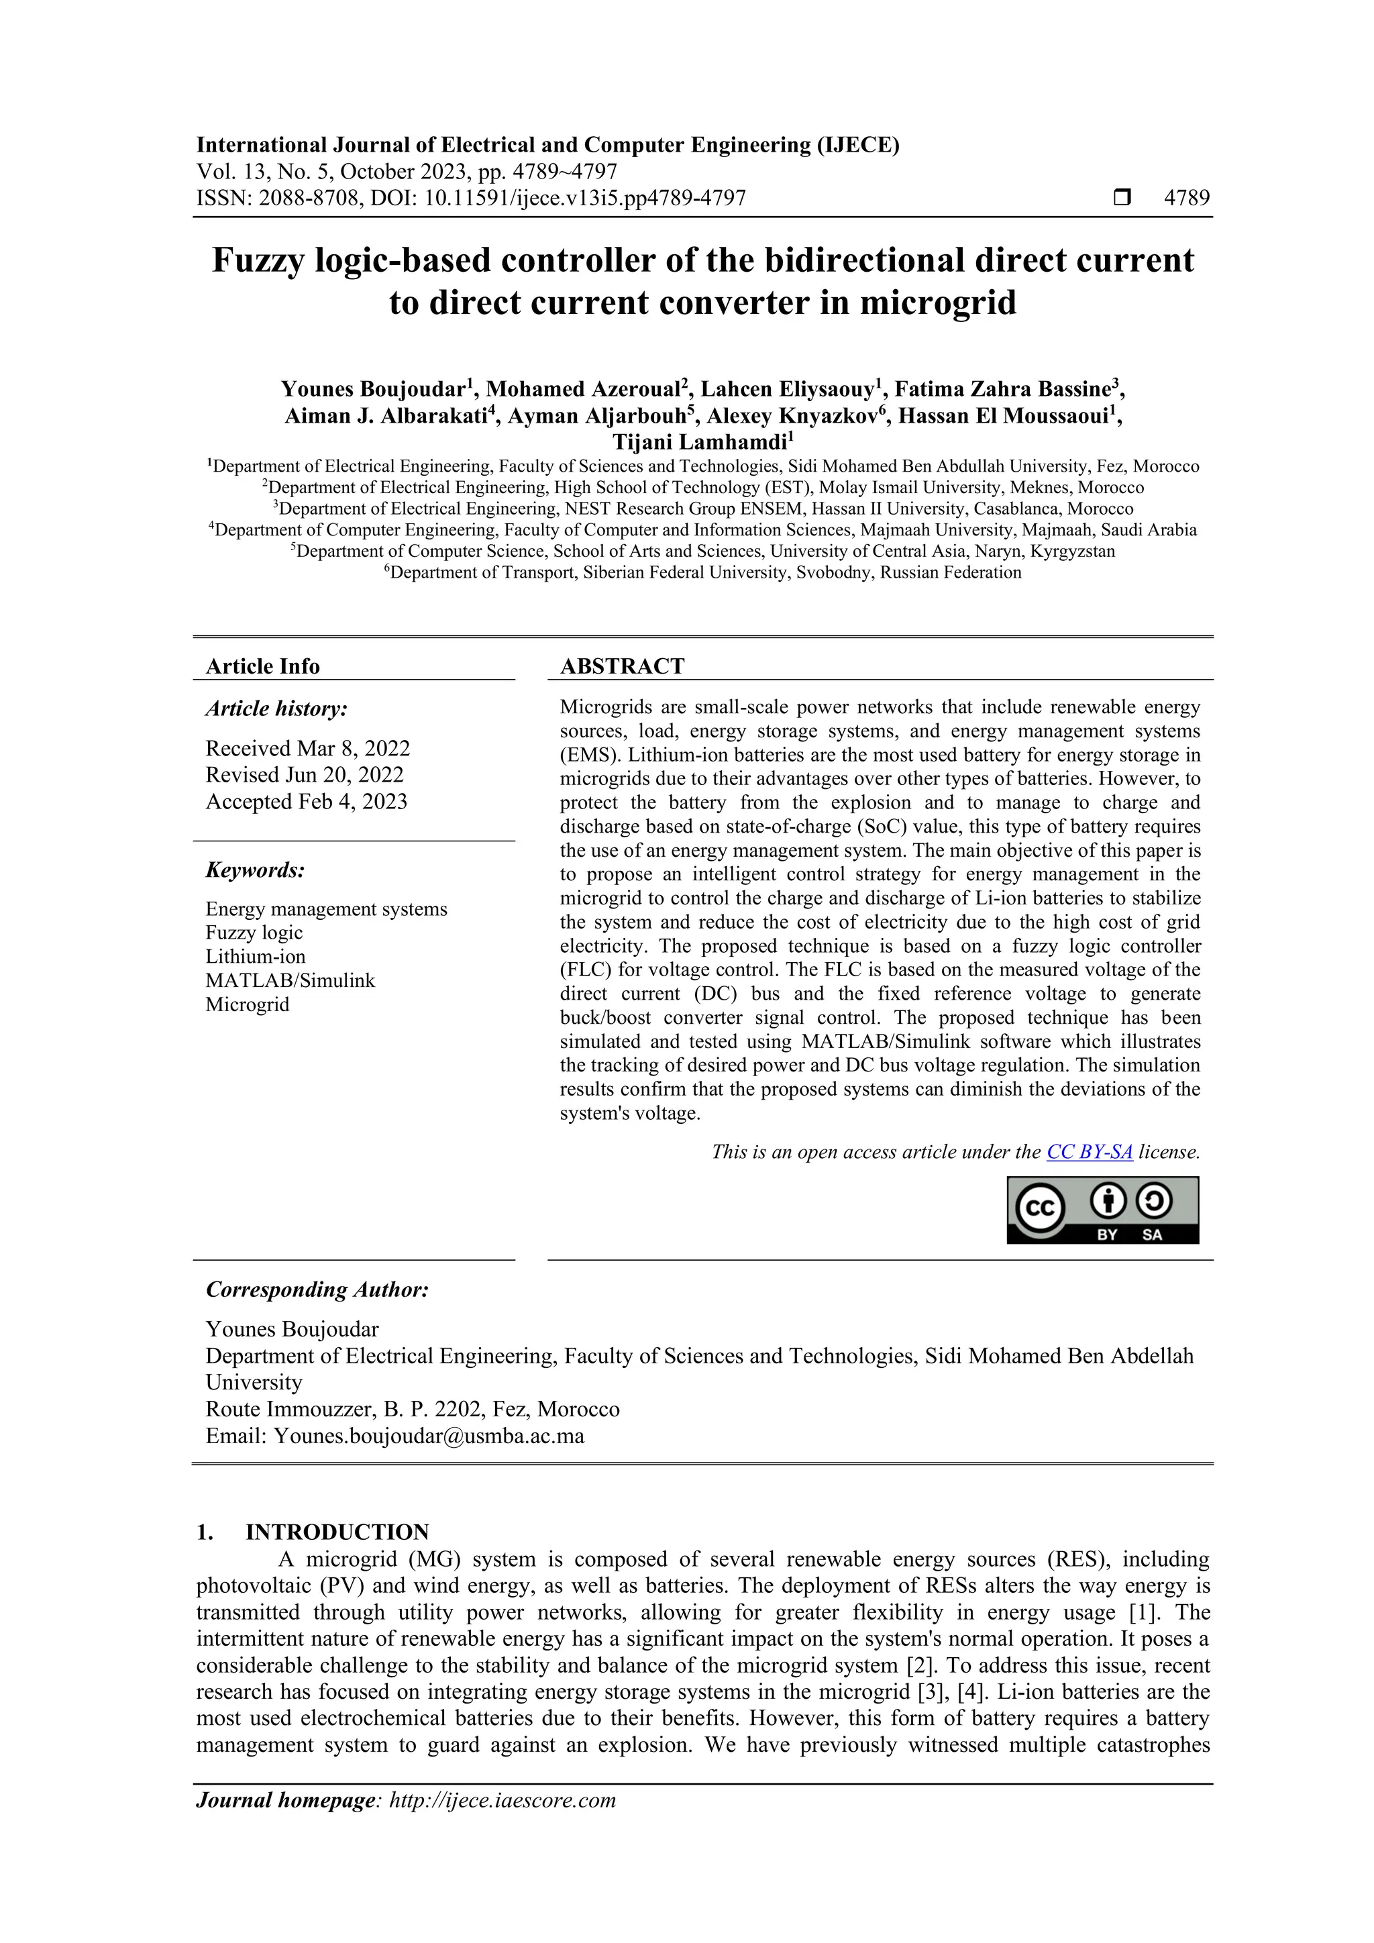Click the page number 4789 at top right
pyautogui.click(x=1186, y=198)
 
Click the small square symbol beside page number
pyautogui.click(x=1122, y=198)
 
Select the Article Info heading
pyautogui.click(x=262, y=666)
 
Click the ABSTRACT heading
pyautogui.click(x=622, y=666)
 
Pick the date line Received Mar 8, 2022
pyautogui.click(x=307, y=748)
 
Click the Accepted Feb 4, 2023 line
pyautogui.click(x=307, y=801)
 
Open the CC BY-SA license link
pyautogui.click(x=1089, y=1152)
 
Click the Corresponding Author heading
pyautogui.click(x=317, y=1290)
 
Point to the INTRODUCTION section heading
pyautogui.click(x=337, y=1532)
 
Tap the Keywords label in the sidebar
pyautogui.click(x=255, y=870)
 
